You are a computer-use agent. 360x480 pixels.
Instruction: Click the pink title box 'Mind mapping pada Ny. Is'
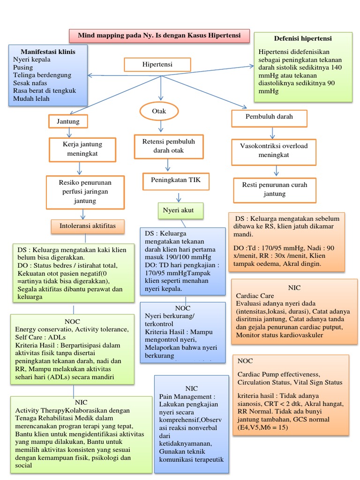click(x=159, y=36)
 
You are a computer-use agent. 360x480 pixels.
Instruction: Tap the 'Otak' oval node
click(x=159, y=112)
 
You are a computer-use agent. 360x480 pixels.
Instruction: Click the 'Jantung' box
click(x=68, y=121)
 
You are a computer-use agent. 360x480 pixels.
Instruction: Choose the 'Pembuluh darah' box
click(x=269, y=119)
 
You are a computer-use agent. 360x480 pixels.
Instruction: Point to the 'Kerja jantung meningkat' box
click(x=82, y=149)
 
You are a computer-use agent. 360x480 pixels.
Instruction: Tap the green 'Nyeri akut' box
click(x=180, y=210)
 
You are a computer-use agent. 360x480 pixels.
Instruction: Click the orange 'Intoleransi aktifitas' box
click(x=87, y=226)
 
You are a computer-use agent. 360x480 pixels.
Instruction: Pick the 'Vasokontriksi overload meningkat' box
click(x=274, y=150)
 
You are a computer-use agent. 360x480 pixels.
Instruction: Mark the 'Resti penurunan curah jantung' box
click(x=274, y=189)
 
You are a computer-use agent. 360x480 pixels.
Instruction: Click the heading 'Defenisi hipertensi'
click(x=302, y=38)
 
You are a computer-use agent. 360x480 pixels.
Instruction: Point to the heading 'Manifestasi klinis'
click(x=47, y=51)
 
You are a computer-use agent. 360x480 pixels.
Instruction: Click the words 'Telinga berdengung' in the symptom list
click(x=42, y=75)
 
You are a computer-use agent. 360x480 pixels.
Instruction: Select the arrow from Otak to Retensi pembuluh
click(x=160, y=126)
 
